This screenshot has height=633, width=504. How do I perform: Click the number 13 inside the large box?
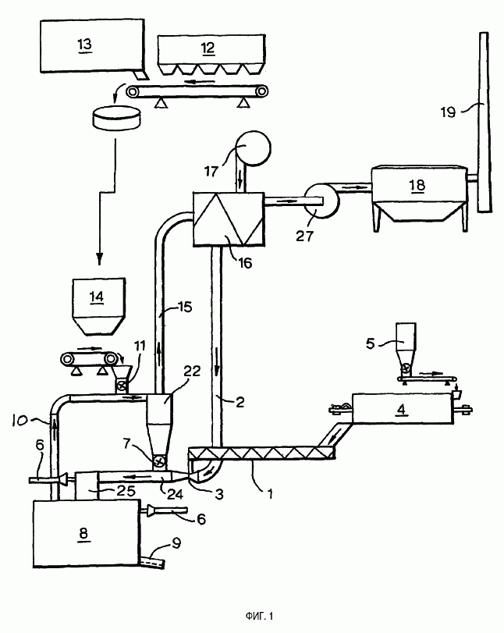pos(85,44)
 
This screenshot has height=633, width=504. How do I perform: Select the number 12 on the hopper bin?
pos(208,48)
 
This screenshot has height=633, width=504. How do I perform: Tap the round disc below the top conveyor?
pos(117,118)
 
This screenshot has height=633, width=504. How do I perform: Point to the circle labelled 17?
pos(253,148)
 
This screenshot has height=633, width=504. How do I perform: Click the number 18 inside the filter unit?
pos(417,185)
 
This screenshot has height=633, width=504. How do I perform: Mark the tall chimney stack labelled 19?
pos(484,121)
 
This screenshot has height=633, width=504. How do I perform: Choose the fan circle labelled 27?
pos(321,201)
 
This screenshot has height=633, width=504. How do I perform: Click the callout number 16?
pos(245,263)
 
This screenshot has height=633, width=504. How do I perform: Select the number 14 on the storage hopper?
pos(97,297)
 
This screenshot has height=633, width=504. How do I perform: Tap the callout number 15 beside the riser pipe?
pos(185,308)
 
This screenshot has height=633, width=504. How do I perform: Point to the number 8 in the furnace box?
pos(83,533)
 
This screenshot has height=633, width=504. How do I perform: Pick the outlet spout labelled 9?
pos(153,560)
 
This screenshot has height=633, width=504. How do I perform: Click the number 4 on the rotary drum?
pos(401,409)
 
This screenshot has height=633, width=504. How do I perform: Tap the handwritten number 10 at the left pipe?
pos(20,420)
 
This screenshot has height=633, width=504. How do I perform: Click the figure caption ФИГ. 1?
pos(259,616)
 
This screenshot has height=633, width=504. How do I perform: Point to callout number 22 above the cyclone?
pos(192,371)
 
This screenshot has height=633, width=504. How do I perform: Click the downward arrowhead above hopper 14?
pos(100,259)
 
